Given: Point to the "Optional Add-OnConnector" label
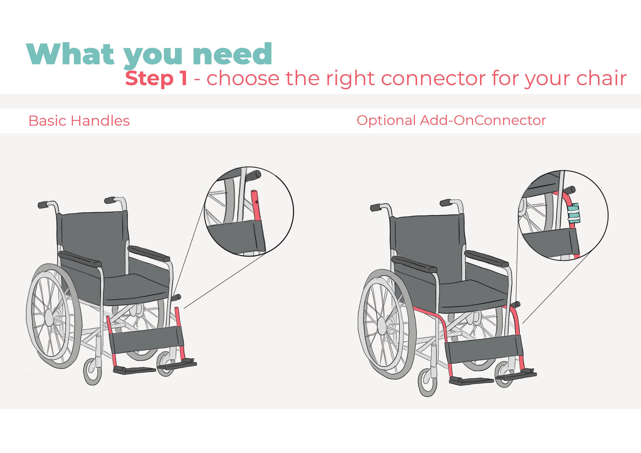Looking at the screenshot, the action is pos(451,120).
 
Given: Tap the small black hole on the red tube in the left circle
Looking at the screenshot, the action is pos(256,202).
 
